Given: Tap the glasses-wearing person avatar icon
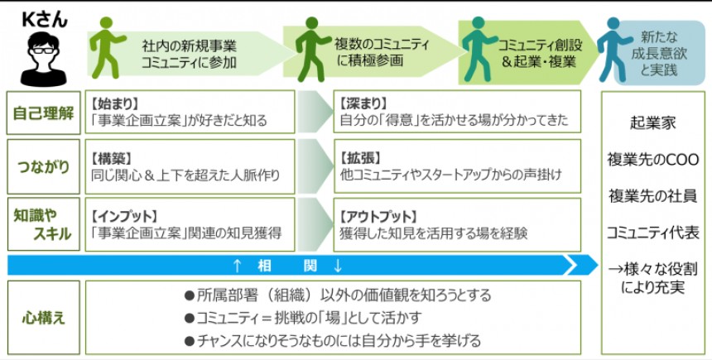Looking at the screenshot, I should pos(42,55).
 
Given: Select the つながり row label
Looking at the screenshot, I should pos(43,166).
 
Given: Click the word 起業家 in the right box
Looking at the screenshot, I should pos(653,122).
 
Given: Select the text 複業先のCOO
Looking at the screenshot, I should pos(653,159).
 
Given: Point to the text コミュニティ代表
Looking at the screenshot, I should pos(653,233).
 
